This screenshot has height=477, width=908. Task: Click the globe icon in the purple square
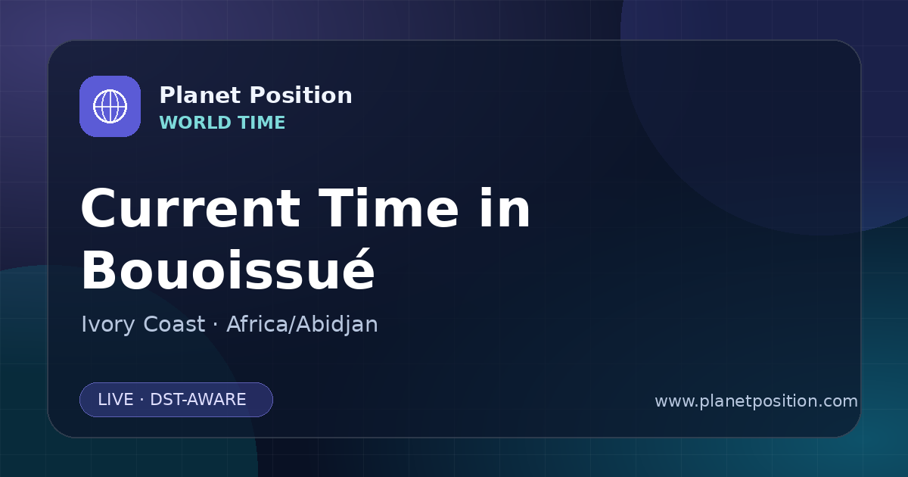pos(110,106)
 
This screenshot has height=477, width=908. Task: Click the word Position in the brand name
pos(301,95)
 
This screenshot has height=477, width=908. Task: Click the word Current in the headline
pos(191,209)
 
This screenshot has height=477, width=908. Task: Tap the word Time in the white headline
pos(388,207)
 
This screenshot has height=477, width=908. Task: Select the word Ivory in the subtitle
pos(107,325)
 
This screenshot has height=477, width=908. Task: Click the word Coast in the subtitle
pos(174,325)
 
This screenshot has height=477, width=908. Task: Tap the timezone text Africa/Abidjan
pos(302,325)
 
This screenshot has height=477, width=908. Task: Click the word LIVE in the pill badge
pos(116,400)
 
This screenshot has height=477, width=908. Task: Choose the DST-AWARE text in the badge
pos(197,400)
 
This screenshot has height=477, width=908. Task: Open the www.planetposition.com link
pos(756,401)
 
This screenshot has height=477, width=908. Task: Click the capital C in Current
pos(98,209)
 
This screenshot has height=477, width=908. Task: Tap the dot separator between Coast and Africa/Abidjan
pos(215,325)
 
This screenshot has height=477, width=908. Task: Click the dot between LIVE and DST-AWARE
pos(141,400)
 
